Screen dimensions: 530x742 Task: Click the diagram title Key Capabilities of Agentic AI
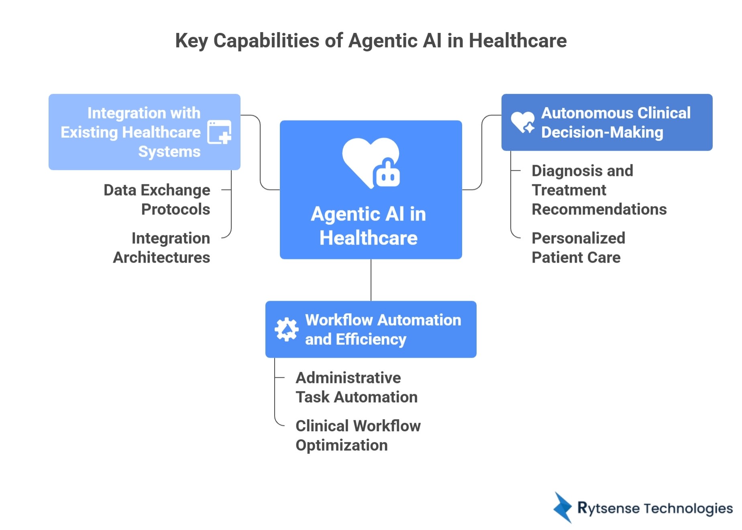coord(371,41)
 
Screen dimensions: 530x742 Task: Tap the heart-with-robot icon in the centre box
coord(371,163)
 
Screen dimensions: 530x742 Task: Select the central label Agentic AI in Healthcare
coord(369,226)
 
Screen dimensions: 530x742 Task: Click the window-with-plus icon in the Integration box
coord(219,132)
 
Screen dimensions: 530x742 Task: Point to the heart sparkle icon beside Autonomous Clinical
coord(522,122)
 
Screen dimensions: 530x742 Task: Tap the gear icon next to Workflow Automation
coord(286,329)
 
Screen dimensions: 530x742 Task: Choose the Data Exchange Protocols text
coord(157,200)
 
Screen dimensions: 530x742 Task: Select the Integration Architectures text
coord(161,248)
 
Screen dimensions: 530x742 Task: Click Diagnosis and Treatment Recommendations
coord(599,190)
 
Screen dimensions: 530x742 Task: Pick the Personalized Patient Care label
coord(578,248)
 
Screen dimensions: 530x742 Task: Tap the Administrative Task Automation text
coord(357,387)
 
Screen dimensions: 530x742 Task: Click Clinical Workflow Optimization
coord(358,436)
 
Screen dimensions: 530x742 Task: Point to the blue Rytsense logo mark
coord(563,508)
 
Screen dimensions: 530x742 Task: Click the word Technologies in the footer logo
coord(688,508)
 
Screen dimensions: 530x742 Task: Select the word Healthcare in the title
coord(518,41)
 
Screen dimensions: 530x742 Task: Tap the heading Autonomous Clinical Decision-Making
coord(616,122)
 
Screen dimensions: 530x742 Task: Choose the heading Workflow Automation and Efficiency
coord(383,330)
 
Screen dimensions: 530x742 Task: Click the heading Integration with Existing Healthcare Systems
coord(130,132)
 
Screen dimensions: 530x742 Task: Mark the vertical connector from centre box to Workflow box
coord(371,280)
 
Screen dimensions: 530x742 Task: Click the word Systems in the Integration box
coord(169,152)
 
